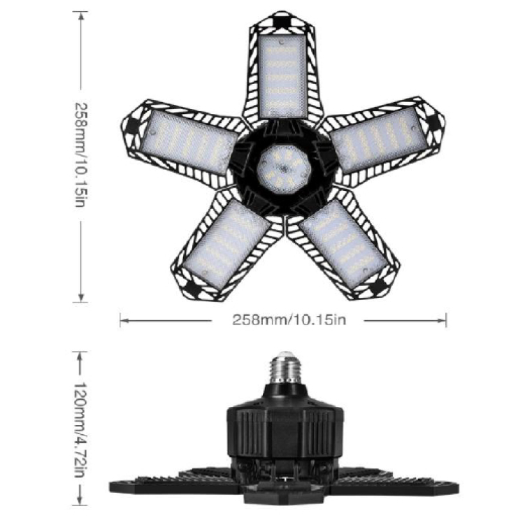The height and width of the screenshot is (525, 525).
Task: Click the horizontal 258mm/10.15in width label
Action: coord(289,320)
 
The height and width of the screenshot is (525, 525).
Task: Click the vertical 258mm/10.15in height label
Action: coord(80,154)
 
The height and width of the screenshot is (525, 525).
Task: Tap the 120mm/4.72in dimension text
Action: coord(80,429)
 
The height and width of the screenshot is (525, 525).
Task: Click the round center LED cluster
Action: coord(284,169)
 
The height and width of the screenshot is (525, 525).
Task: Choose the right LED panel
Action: coord(380,140)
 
